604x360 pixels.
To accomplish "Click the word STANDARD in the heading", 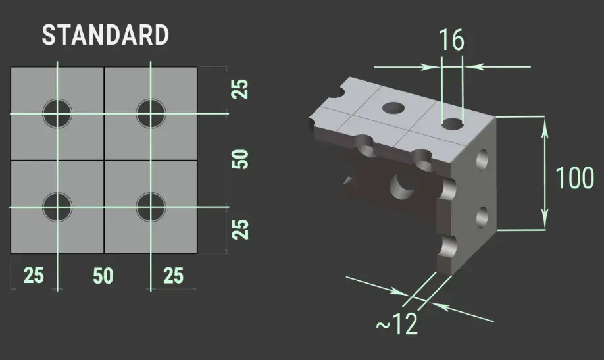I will [105, 36].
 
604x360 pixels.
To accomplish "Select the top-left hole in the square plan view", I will [57, 113].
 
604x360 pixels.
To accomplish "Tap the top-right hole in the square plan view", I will [151, 113].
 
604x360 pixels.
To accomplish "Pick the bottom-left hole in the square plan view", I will [57, 207].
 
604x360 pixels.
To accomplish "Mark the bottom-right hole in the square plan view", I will [151, 207].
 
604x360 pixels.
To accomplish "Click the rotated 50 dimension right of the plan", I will [241, 159].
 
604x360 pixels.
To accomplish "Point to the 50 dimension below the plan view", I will [103, 276].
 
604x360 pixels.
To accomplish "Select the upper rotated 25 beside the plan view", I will [241, 89].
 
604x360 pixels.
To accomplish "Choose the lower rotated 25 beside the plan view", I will [241, 229].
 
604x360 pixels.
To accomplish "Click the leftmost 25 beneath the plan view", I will [34, 276].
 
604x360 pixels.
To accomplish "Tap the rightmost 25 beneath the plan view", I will [173, 276].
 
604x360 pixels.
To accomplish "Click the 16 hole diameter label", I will [451, 40].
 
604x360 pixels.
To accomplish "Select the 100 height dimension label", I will [575, 178].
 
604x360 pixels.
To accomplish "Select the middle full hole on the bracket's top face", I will [394, 107].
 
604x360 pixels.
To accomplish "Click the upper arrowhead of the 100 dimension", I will [544, 125].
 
